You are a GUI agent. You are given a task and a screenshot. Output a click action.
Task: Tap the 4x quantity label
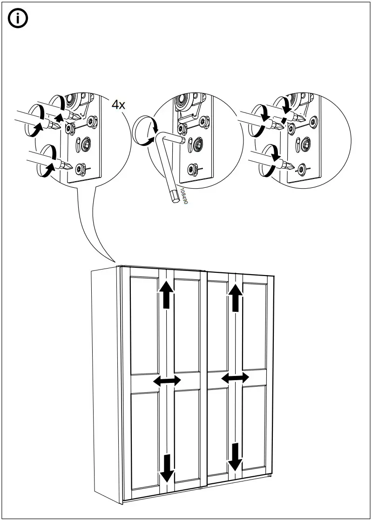[118, 105]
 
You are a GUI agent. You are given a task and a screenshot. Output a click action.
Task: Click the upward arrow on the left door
[166, 295]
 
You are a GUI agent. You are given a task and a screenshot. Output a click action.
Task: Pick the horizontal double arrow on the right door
[235, 378]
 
